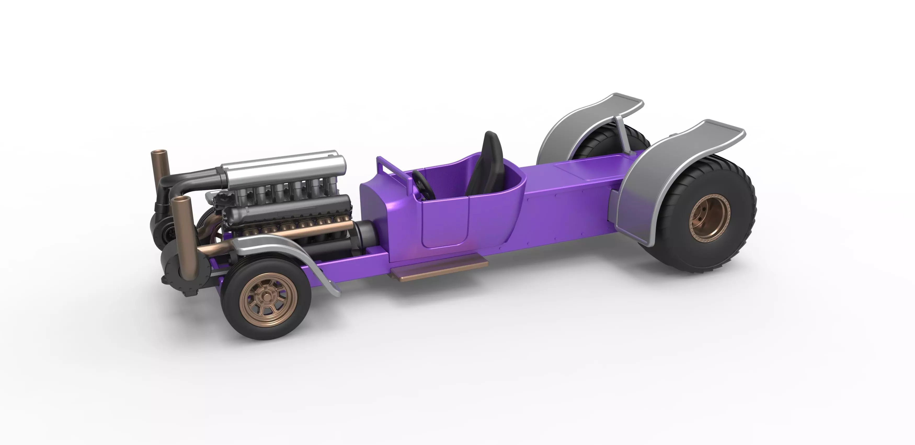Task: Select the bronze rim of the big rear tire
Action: coord(709,217)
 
